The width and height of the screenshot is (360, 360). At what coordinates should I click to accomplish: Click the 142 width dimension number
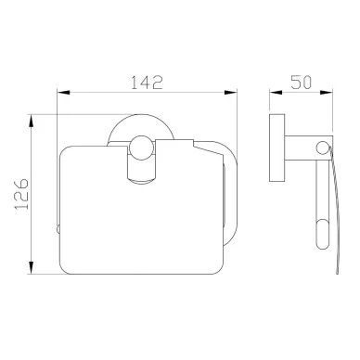147,83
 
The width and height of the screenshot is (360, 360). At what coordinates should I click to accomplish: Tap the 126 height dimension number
21,194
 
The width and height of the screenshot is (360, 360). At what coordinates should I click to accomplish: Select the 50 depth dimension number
301,83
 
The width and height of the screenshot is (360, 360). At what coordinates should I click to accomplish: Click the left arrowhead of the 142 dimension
63,92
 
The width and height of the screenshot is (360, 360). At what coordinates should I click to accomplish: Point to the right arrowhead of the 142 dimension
231,92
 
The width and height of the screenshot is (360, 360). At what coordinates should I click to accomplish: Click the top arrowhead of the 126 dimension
31,121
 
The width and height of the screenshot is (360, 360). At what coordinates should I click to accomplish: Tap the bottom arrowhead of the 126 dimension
31,268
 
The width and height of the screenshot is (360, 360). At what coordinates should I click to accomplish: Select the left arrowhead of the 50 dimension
276,92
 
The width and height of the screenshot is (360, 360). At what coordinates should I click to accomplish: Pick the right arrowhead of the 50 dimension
327,92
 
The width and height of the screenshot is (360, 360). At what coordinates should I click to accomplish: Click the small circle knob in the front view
141,148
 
